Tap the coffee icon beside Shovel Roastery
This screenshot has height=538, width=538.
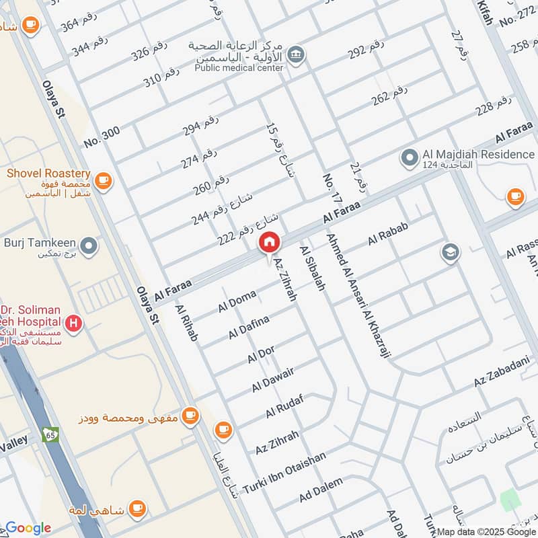coord(103,180)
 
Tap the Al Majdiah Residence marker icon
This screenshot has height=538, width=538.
coord(408,159)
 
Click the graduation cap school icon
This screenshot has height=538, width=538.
coord(450,253)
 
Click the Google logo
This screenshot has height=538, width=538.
coord(28,528)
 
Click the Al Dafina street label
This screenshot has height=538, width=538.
coord(248,328)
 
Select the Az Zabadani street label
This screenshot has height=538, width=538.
coord(498,374)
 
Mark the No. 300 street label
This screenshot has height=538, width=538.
coord(102,137)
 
